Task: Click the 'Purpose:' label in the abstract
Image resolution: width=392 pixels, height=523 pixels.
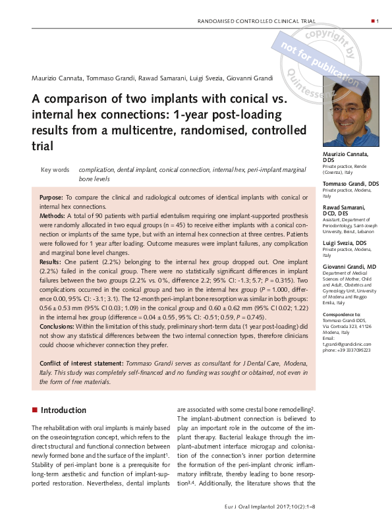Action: [51, 198]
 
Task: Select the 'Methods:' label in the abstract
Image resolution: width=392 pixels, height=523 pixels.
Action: [53, 215]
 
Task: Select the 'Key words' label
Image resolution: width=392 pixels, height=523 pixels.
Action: [55, 169]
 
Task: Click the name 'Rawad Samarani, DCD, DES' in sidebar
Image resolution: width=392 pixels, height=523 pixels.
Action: [345, 211]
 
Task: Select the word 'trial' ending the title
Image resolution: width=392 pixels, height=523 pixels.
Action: [40, 144]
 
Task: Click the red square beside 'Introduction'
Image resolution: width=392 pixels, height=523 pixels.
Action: [34, 410]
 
